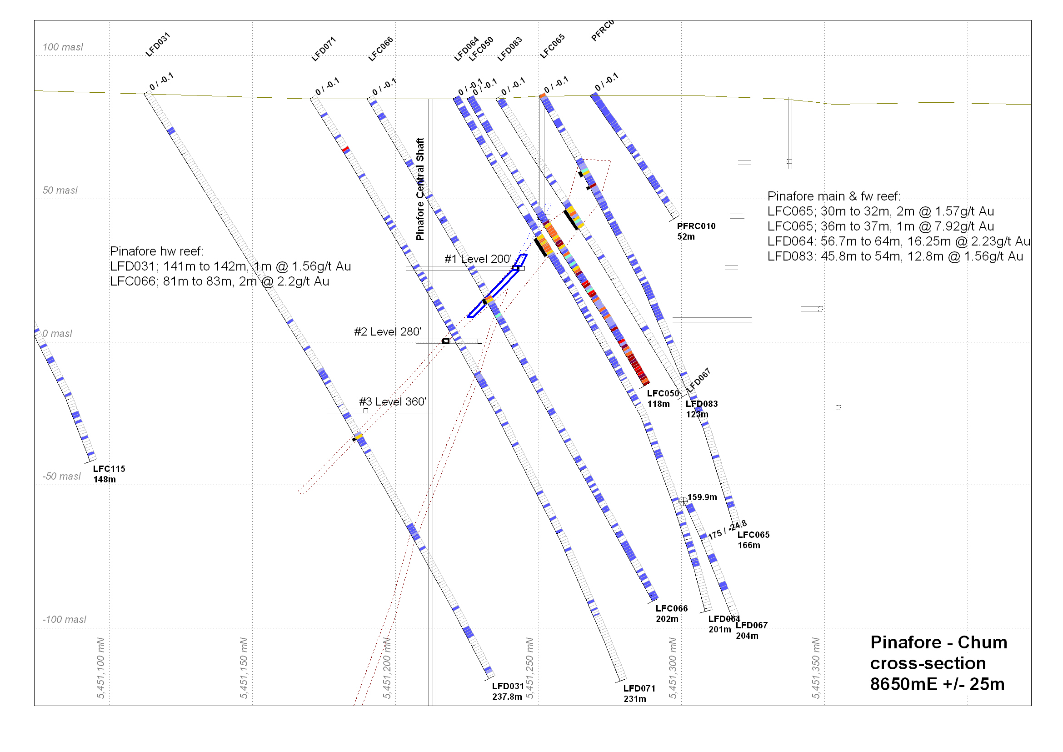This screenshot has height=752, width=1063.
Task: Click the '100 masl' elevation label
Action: tap(63, 47)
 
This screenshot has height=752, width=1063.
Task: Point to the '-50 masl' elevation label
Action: tap(61, 476)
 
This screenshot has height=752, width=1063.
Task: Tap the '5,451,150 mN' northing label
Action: tap(244, 668)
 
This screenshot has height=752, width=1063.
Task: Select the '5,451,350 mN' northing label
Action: tap(816, 668)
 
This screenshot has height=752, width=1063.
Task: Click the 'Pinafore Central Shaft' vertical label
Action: tap(420, 189)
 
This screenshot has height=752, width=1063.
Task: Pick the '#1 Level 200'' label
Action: tap(478, 259)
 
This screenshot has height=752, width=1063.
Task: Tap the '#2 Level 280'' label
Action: tap(388, 332)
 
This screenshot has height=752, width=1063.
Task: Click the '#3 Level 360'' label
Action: tap(393, 402)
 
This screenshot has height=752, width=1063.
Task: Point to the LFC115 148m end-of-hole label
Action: tap(109, 474)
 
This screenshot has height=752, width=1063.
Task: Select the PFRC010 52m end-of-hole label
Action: tap(696, 231)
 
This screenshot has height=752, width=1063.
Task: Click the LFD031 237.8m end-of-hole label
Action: tap(508, 692)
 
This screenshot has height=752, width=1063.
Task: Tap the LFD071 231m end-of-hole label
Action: tap(639, 694)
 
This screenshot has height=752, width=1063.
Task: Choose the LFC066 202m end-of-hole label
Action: tap(671, 613)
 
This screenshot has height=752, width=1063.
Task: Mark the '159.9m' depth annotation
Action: tap(702, 497)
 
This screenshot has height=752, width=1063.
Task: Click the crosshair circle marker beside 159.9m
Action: tap(683, 501)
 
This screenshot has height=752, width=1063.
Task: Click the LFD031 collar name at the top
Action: tap(158, 45)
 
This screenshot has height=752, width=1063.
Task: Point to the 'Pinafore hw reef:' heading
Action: tap(156, 251)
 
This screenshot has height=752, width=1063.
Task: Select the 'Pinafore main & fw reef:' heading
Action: tap(833, 196)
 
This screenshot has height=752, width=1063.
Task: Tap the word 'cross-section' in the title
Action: tap(928, 663)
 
